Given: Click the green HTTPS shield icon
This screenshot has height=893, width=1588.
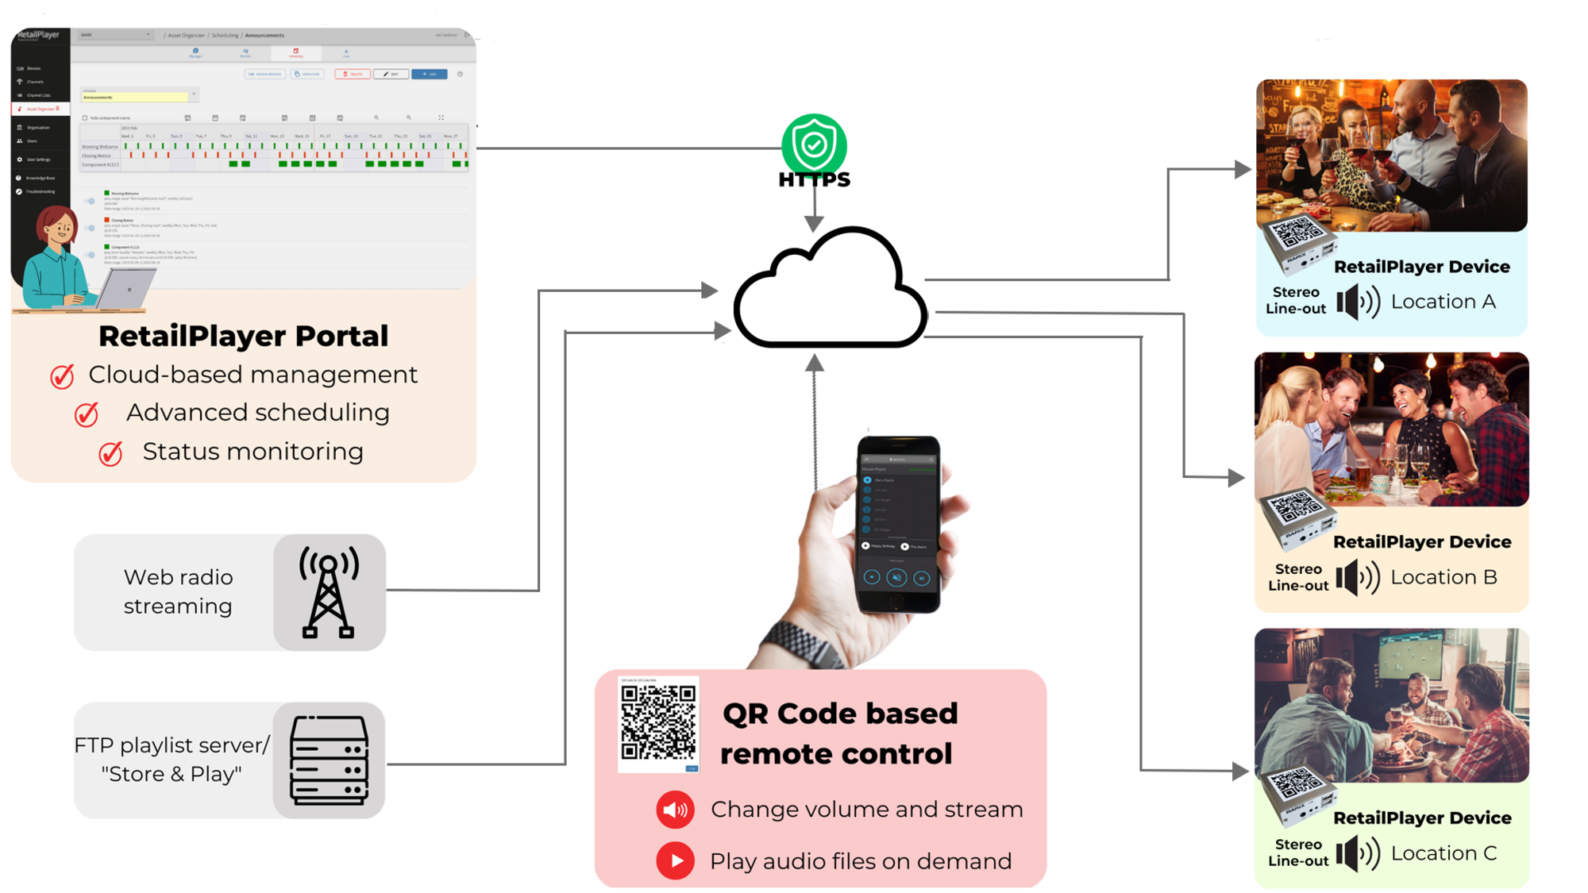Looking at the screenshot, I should (x=814, y=144).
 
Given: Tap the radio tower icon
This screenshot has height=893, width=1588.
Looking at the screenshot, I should (x=329, y=592).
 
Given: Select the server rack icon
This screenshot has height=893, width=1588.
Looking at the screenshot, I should (x=330, y=760).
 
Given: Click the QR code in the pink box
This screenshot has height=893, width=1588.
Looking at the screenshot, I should (x=658, y=722).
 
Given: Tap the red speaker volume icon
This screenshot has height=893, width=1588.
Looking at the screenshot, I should (x=675, y=810).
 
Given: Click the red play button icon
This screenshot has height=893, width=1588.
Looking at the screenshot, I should (x=675, y=861).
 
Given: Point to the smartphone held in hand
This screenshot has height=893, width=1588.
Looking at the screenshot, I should (x=898, y=524).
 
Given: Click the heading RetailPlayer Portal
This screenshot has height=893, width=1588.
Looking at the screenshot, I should (x=243, y=336).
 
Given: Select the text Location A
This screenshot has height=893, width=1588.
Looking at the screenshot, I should (x=1443, y=302).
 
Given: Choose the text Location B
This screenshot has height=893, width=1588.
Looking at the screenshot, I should (x=1443, y=577).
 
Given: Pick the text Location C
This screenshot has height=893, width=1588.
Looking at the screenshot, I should (x=1443, y=853).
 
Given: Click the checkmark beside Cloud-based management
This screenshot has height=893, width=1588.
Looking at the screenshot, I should (x=63, y=375).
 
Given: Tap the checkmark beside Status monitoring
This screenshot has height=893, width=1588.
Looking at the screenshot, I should (x=110, y=453).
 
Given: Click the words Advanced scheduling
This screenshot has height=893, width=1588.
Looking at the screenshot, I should (x=257, y=413).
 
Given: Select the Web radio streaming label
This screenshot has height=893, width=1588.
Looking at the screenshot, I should (x=178, y=591).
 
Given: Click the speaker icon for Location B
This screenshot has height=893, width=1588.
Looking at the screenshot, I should (x=1356, y=578).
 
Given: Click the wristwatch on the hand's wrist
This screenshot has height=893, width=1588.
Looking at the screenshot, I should (x=802, y=643).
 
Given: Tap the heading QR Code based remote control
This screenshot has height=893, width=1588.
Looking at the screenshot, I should (x=838, y=733).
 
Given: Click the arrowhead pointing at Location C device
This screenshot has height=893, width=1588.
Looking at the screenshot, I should (x=1239, y=770).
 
